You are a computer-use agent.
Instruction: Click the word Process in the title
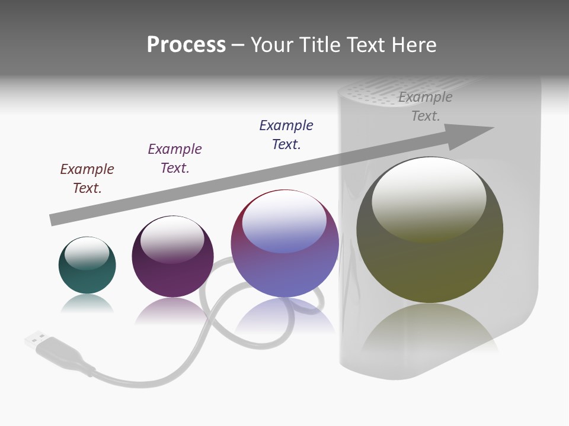tap(186, 45)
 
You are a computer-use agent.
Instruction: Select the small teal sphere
tap(87, 272)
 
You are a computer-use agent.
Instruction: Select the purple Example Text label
tap(175, 159)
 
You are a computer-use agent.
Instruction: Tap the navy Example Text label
tap(286, 135)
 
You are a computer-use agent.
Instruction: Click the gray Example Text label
tap(426, 106)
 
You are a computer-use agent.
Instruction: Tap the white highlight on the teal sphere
tap(87, 251)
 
